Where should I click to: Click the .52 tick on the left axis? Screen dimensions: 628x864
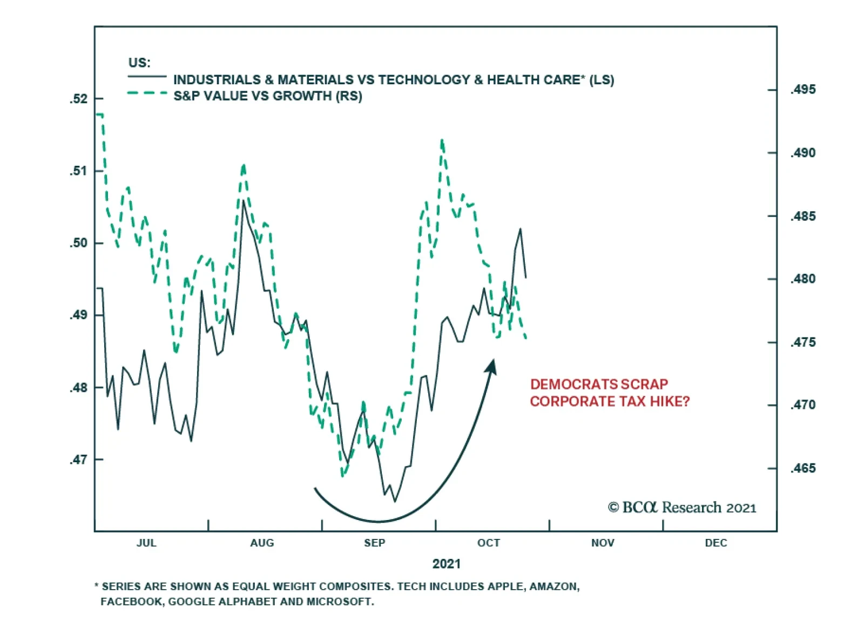98,99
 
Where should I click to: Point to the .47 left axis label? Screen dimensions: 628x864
78,460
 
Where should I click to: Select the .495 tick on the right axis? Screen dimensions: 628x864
772,90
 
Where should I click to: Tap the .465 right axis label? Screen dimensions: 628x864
803,468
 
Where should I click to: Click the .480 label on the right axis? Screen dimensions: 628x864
803,279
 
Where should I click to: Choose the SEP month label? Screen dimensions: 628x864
374,543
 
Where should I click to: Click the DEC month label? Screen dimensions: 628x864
715,543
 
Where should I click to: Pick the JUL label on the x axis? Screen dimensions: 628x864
146,543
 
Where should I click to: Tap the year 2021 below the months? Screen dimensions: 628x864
446,564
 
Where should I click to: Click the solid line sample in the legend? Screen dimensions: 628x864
147,77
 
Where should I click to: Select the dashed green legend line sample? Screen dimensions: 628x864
147,93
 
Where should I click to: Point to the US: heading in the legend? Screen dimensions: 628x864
139,63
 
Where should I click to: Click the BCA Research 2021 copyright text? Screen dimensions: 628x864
681,508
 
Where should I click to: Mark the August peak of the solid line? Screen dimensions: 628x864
244,201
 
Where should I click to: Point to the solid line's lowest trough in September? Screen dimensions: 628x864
395,502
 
